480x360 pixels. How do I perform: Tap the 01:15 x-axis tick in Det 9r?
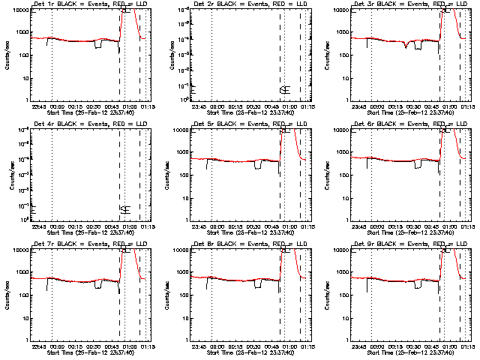click(x=466, y=346)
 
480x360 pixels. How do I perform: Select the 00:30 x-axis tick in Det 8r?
click(x=256, y=346)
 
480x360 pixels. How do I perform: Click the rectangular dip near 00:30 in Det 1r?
click(x=98, y=45)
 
